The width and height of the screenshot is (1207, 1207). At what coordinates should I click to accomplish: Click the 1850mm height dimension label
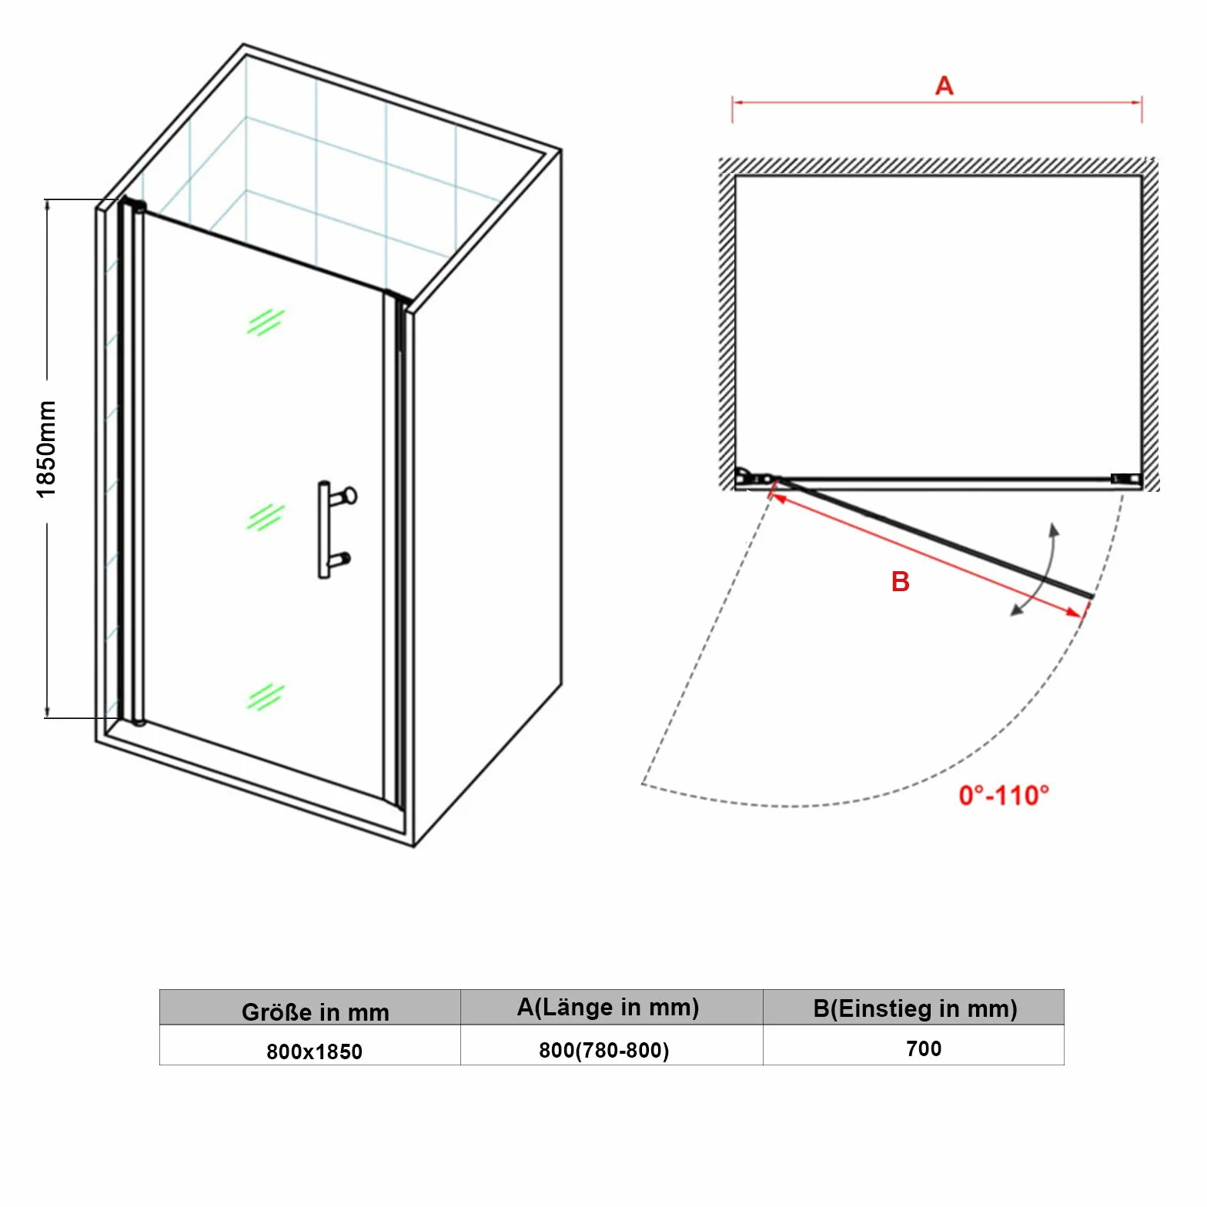[x=47, y=449]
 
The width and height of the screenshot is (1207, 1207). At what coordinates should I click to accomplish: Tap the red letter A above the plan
[x=945, y=85]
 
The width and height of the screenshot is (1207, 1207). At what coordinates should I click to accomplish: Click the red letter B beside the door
[x=900, y=581]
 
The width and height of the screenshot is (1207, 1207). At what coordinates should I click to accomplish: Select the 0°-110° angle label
[x=1004, y=795]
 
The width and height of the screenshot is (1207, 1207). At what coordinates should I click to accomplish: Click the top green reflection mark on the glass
[x=266, y=323]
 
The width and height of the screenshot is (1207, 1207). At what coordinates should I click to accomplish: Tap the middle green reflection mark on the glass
[x=266, y=517]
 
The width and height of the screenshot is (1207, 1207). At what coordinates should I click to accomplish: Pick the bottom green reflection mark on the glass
[x=266, y=697]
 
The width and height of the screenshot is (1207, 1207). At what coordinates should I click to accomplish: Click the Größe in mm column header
[x=315, y=1011]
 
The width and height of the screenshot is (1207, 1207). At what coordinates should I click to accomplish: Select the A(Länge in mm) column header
[x=608, y=1007]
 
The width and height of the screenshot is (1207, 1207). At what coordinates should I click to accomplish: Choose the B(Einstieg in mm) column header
[x=915, y=1008]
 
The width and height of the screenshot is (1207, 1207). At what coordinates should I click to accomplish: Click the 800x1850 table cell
[x=314, y=1052]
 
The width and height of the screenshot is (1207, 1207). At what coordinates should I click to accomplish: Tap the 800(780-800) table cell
[x=604, y=1050]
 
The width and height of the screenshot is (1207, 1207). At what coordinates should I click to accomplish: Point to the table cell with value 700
[x=924, y=1048]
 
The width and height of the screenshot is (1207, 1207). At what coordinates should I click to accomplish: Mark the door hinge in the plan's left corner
[x=754, y=477]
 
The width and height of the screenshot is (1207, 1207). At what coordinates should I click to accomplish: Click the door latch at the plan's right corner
[x=1125, y=479]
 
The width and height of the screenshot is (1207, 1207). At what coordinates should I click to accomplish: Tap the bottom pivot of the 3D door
[x=139, y=722]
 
